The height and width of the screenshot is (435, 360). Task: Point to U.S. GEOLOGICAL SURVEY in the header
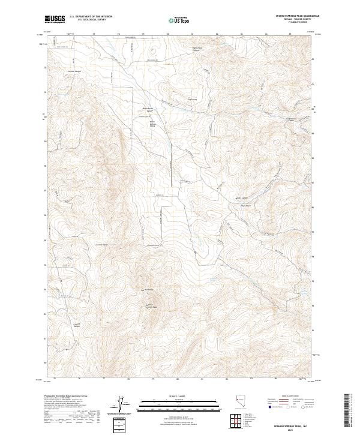tap(91, 20)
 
